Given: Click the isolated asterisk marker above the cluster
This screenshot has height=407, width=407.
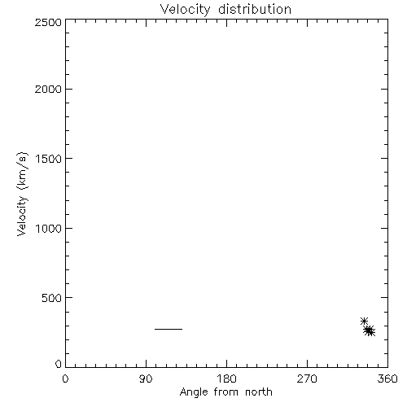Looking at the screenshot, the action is click(364, 321).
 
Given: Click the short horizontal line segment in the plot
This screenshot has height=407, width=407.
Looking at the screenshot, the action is click(168, 329).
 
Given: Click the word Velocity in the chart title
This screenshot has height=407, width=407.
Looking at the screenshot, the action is click(185, 10).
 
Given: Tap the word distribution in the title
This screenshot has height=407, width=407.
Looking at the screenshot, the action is click(255, 9).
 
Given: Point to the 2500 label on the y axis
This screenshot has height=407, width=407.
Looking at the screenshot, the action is click(48, 22).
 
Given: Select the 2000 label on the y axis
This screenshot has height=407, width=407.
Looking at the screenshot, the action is click(48, 89).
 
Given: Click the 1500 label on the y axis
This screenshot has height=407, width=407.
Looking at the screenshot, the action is click(49, 159).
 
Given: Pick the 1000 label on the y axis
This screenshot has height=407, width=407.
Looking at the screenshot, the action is click(49, 228).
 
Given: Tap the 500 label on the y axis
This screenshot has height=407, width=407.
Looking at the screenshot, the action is click(52, 298).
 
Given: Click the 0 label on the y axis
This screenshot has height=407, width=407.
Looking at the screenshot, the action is click(59, 364).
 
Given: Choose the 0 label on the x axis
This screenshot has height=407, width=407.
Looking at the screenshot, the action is click(65, 379).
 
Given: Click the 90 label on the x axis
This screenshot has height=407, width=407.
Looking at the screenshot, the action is click(146, 379).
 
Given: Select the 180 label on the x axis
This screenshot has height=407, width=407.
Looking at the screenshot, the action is click(226, 379).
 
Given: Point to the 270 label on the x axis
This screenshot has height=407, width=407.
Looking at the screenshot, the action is click(307, 379).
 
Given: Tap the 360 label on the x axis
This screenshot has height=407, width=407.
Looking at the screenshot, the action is click(387, 379).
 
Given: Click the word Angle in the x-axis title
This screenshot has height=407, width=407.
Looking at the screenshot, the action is click(194, 392).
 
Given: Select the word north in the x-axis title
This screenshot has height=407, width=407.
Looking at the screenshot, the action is click(259, 392).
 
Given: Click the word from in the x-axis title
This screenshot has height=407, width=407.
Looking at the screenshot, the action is click(226, 392).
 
